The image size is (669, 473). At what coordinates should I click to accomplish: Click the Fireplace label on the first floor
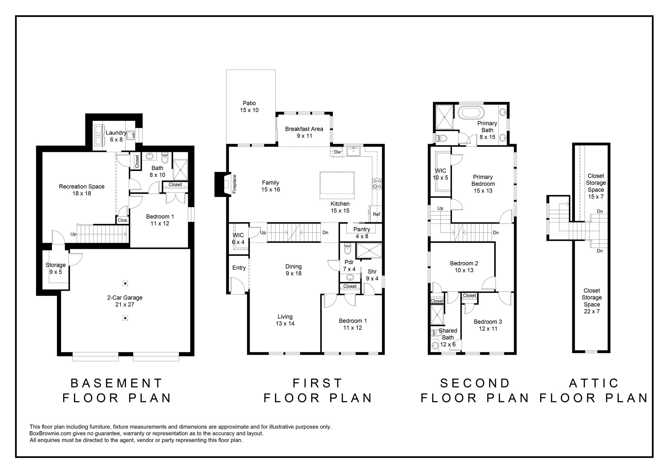pyautogui.click(x=234, y=184)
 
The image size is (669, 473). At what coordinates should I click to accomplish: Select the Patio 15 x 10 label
pyautogui.click(x=249, y=107)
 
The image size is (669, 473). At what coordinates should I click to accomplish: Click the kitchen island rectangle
pyautogui.click(x=337, y=185)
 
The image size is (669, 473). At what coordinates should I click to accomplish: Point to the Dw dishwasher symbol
pyautogui.click(x=337, y=152)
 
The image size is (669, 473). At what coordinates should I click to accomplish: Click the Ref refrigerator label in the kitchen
pyautogui.click(x=376, y=214)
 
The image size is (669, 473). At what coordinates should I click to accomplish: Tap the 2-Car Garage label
pyautogui.click(x=125, y=301)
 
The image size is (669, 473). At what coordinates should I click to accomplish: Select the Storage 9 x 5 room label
pyautogui.click(x=56, y=268)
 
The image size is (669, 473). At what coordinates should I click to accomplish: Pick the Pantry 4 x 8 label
pyautogui.click(x=362, y=233)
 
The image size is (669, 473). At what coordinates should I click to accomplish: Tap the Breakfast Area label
pyautogui.click(x=304, y=132)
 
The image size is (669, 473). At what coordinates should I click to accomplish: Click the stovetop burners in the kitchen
pyautogui.click(x=377, y=184)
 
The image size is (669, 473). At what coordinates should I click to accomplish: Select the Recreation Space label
pyautogui.click(x=82, y=190)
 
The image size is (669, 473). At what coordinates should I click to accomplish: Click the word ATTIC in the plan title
pyautogui.click(x=594, y=383)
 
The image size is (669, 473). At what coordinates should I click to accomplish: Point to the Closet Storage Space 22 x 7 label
pyautogui.click(x=592, y=301)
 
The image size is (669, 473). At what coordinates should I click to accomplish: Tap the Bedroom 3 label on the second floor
pyautogui.click(x=488, y=325)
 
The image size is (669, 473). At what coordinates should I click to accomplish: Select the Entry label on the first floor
pyautogui.click(x=239, y=268)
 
